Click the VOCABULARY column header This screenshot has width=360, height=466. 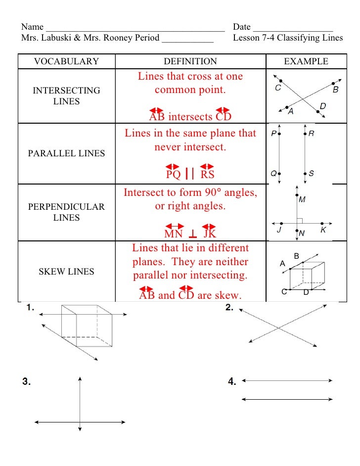66,61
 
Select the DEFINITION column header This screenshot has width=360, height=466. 190,61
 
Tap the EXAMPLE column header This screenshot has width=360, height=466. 306,61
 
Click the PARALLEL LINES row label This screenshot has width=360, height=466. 66,153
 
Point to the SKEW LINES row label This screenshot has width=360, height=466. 66,272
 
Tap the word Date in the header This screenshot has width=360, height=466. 242,27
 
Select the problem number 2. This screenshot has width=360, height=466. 229,308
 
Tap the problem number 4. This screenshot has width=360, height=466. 232,381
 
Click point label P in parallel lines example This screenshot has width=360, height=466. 273,134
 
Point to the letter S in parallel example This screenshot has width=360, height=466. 311,174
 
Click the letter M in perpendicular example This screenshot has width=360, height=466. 302,200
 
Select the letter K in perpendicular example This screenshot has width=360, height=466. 323,231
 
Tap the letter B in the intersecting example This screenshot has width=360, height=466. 336,90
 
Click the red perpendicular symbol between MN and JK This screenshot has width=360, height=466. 193,234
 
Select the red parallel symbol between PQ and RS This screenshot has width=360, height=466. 189,174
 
